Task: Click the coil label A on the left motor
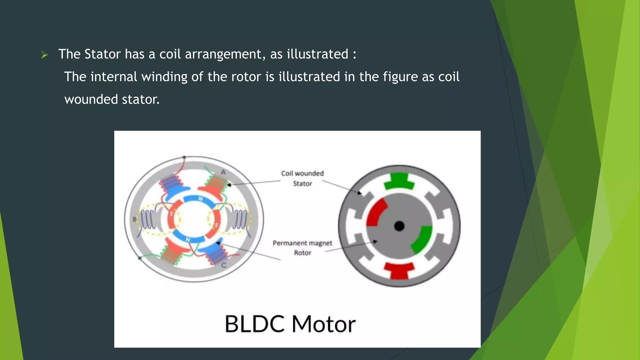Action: pyautogui.click(x=223, y=172)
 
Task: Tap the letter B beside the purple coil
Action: pyautogui.click(x=135, y=219)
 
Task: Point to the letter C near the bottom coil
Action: pyautogui.click(x=224, y=265)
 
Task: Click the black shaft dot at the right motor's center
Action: pyautogui.click(x=399, y=226)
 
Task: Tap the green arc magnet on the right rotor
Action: pyautogui.click(x=422, y=239)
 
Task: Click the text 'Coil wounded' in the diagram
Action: pyautogui.click(x=302, y=173)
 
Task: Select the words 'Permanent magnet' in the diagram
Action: pyautogui.click(x=302, y=243)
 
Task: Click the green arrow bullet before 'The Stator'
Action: pyautogui.click(x=44, y=55)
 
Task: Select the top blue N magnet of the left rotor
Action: pyautogui.click(x=199, y=199)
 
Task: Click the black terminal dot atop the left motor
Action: pyautogui.click(x=184, y=157)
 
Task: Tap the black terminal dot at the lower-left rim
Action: pyautogui.click(x=140, y=258)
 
